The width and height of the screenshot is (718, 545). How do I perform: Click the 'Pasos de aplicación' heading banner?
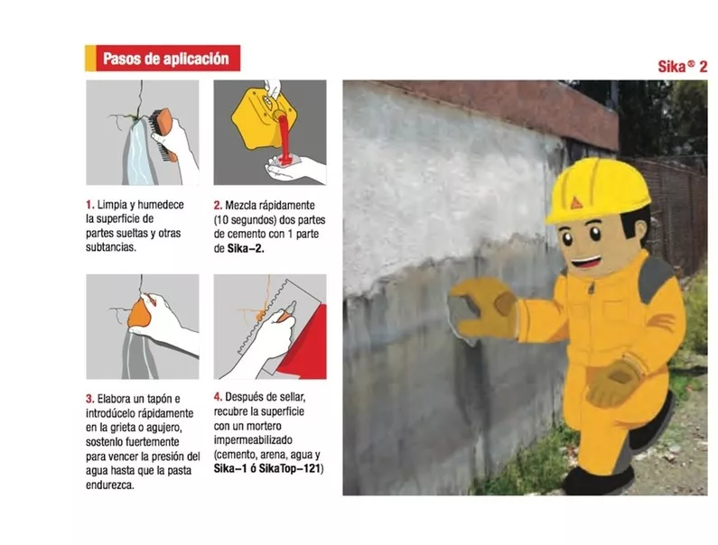pos(164,60)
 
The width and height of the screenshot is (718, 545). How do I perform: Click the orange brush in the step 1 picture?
pos(163,130)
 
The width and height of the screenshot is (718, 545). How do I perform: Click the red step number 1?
pos(89,205)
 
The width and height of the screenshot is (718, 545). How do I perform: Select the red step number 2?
pos(218,205)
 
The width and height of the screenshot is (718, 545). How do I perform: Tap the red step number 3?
pos(89,398)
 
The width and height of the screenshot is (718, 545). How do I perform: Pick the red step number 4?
pos(218,396)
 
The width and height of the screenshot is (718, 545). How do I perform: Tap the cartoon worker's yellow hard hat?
pos(595,189)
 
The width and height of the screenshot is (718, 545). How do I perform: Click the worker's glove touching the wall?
pos(483,308)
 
